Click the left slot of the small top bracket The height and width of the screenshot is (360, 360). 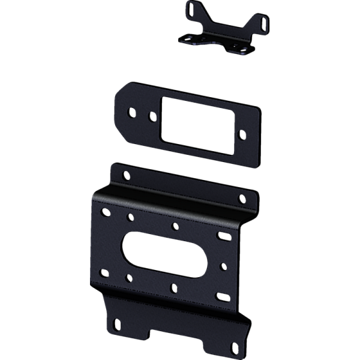click(190, 10)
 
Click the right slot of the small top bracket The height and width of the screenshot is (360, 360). click(263, 22)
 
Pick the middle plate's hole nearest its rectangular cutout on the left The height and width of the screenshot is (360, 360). click(153, 116)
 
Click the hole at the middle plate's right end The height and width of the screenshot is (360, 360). click(242, 135)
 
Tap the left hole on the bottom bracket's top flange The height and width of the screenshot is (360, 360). click(126, 176)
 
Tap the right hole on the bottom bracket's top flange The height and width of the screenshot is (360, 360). click(242, 197)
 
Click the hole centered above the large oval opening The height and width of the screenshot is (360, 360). click(175, 227)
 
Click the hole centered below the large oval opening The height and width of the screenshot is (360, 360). click(173, 288)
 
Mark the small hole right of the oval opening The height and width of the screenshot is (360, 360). click(224, 265)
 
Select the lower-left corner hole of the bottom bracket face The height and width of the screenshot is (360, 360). click(104, 273)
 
